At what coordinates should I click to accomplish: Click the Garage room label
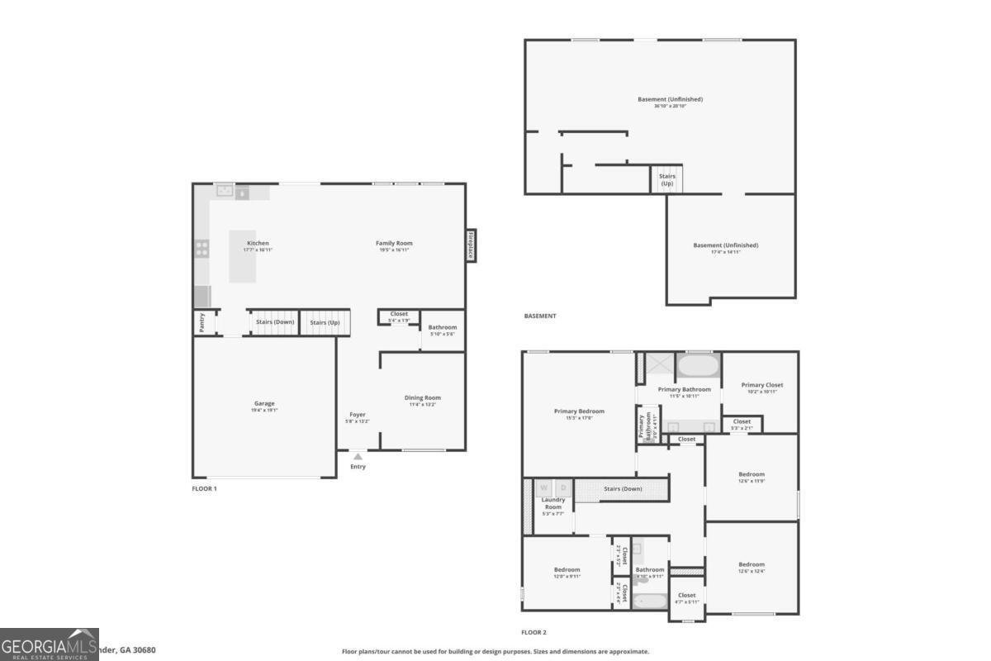264,403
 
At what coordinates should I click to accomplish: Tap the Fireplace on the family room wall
471,245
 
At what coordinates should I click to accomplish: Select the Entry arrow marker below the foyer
358,455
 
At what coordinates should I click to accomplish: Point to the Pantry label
202,322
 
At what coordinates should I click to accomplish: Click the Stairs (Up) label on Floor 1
325,322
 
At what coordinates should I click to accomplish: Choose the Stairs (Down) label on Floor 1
274,322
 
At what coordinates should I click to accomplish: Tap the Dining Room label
422,397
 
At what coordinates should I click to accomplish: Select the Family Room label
394,243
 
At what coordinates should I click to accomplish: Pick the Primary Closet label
761,385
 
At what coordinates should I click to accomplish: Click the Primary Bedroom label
579,411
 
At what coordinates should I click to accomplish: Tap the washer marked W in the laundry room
544,488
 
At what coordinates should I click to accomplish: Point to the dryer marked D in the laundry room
564,488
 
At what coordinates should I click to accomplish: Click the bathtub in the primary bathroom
699,365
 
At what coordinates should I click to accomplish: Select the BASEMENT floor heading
540,316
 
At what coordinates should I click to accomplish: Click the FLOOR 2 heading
533,632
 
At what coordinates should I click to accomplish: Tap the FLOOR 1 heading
204,488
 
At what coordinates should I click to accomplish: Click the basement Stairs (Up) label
666,179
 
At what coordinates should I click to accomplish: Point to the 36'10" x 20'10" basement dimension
670,106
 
